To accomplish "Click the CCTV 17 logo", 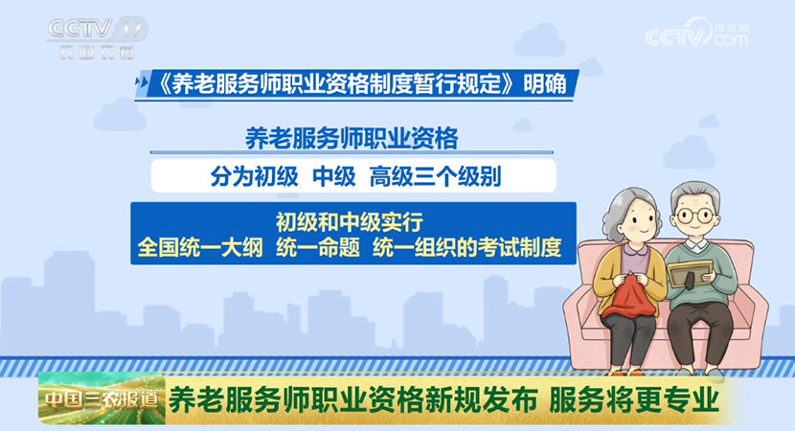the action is [97, 38].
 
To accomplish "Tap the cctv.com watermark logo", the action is [696, 34].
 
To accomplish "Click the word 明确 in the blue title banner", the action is [545, 83].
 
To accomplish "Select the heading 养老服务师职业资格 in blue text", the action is [352, 138].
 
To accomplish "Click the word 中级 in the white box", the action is [334, 176].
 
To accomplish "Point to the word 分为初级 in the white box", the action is [254, 176].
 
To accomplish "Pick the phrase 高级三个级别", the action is [435, 176].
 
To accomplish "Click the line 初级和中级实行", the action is [350, 221].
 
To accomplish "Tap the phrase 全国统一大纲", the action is [200, 248].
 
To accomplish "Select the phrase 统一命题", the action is [318, 248].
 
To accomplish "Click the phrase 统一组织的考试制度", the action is [467, 248].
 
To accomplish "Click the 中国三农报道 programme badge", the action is [102, 399].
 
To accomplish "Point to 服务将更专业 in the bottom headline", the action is [634, 400].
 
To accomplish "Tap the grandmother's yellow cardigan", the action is [606, 279].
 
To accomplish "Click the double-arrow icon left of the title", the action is [143, 82].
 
